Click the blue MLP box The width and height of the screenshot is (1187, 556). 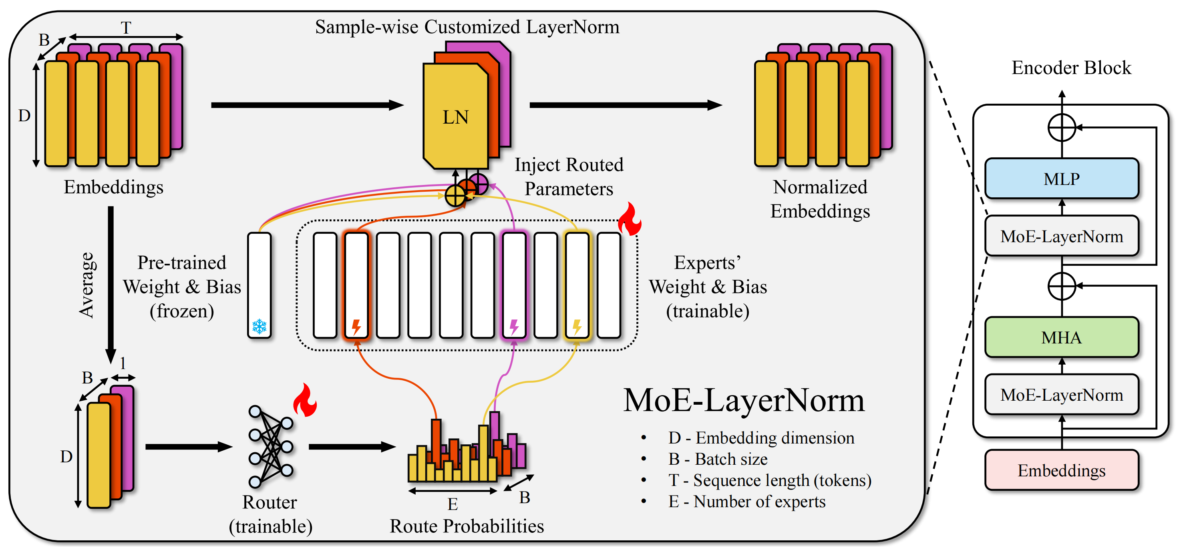(1061, 179)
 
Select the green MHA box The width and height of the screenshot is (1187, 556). (1061, 338)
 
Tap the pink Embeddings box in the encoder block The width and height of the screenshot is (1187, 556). (1061, 470)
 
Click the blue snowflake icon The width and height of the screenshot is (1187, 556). (260, 327)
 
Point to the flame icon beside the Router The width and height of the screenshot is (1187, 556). (305, 401)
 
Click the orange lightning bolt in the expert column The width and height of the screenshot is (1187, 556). (356, 327)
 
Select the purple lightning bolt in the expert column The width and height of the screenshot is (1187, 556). (514, 327)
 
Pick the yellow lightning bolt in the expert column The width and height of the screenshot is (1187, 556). (577, 327)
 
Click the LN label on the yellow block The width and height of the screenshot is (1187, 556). (455, 117)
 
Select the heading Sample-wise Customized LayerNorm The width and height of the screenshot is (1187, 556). (467, 27)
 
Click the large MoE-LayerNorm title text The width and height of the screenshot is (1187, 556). (744, 400)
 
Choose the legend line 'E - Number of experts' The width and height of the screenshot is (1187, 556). (746, 501)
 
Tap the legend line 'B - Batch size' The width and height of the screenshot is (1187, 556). (718, 459)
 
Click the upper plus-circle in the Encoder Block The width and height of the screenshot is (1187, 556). (1062, 128)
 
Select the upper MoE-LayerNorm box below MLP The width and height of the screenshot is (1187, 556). (1061, 236)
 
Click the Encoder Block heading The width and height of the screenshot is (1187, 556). (1071, 68)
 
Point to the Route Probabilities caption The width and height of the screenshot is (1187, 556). (467, 526)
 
